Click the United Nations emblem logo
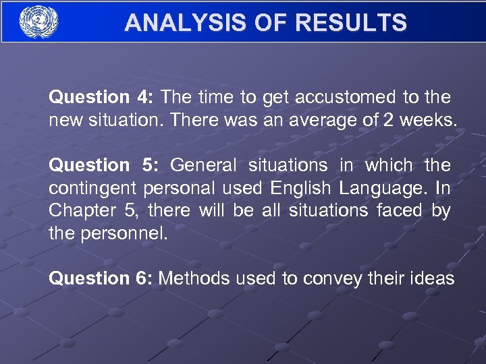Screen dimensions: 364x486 (38, 22)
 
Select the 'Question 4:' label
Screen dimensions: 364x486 (102, 98)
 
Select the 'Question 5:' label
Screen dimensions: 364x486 (102, 165)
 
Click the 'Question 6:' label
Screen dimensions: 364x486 (102, 278)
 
